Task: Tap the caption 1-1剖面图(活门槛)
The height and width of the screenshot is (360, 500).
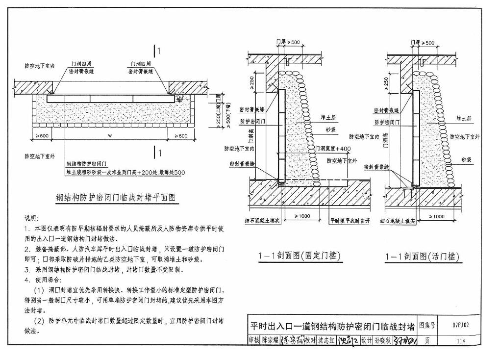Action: (x=423, y=257)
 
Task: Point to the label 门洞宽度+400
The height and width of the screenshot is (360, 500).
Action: (x=333, y=148)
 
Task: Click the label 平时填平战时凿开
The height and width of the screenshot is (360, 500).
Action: (x=350, y=221)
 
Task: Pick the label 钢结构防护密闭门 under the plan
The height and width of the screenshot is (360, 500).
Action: (x=87, y=164)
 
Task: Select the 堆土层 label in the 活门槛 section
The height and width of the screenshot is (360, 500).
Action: (x=463, y=118)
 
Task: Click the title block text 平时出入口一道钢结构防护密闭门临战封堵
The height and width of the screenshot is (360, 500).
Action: (x=331, y=326)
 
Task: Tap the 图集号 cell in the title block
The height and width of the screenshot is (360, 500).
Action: (x=425, y=325)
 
